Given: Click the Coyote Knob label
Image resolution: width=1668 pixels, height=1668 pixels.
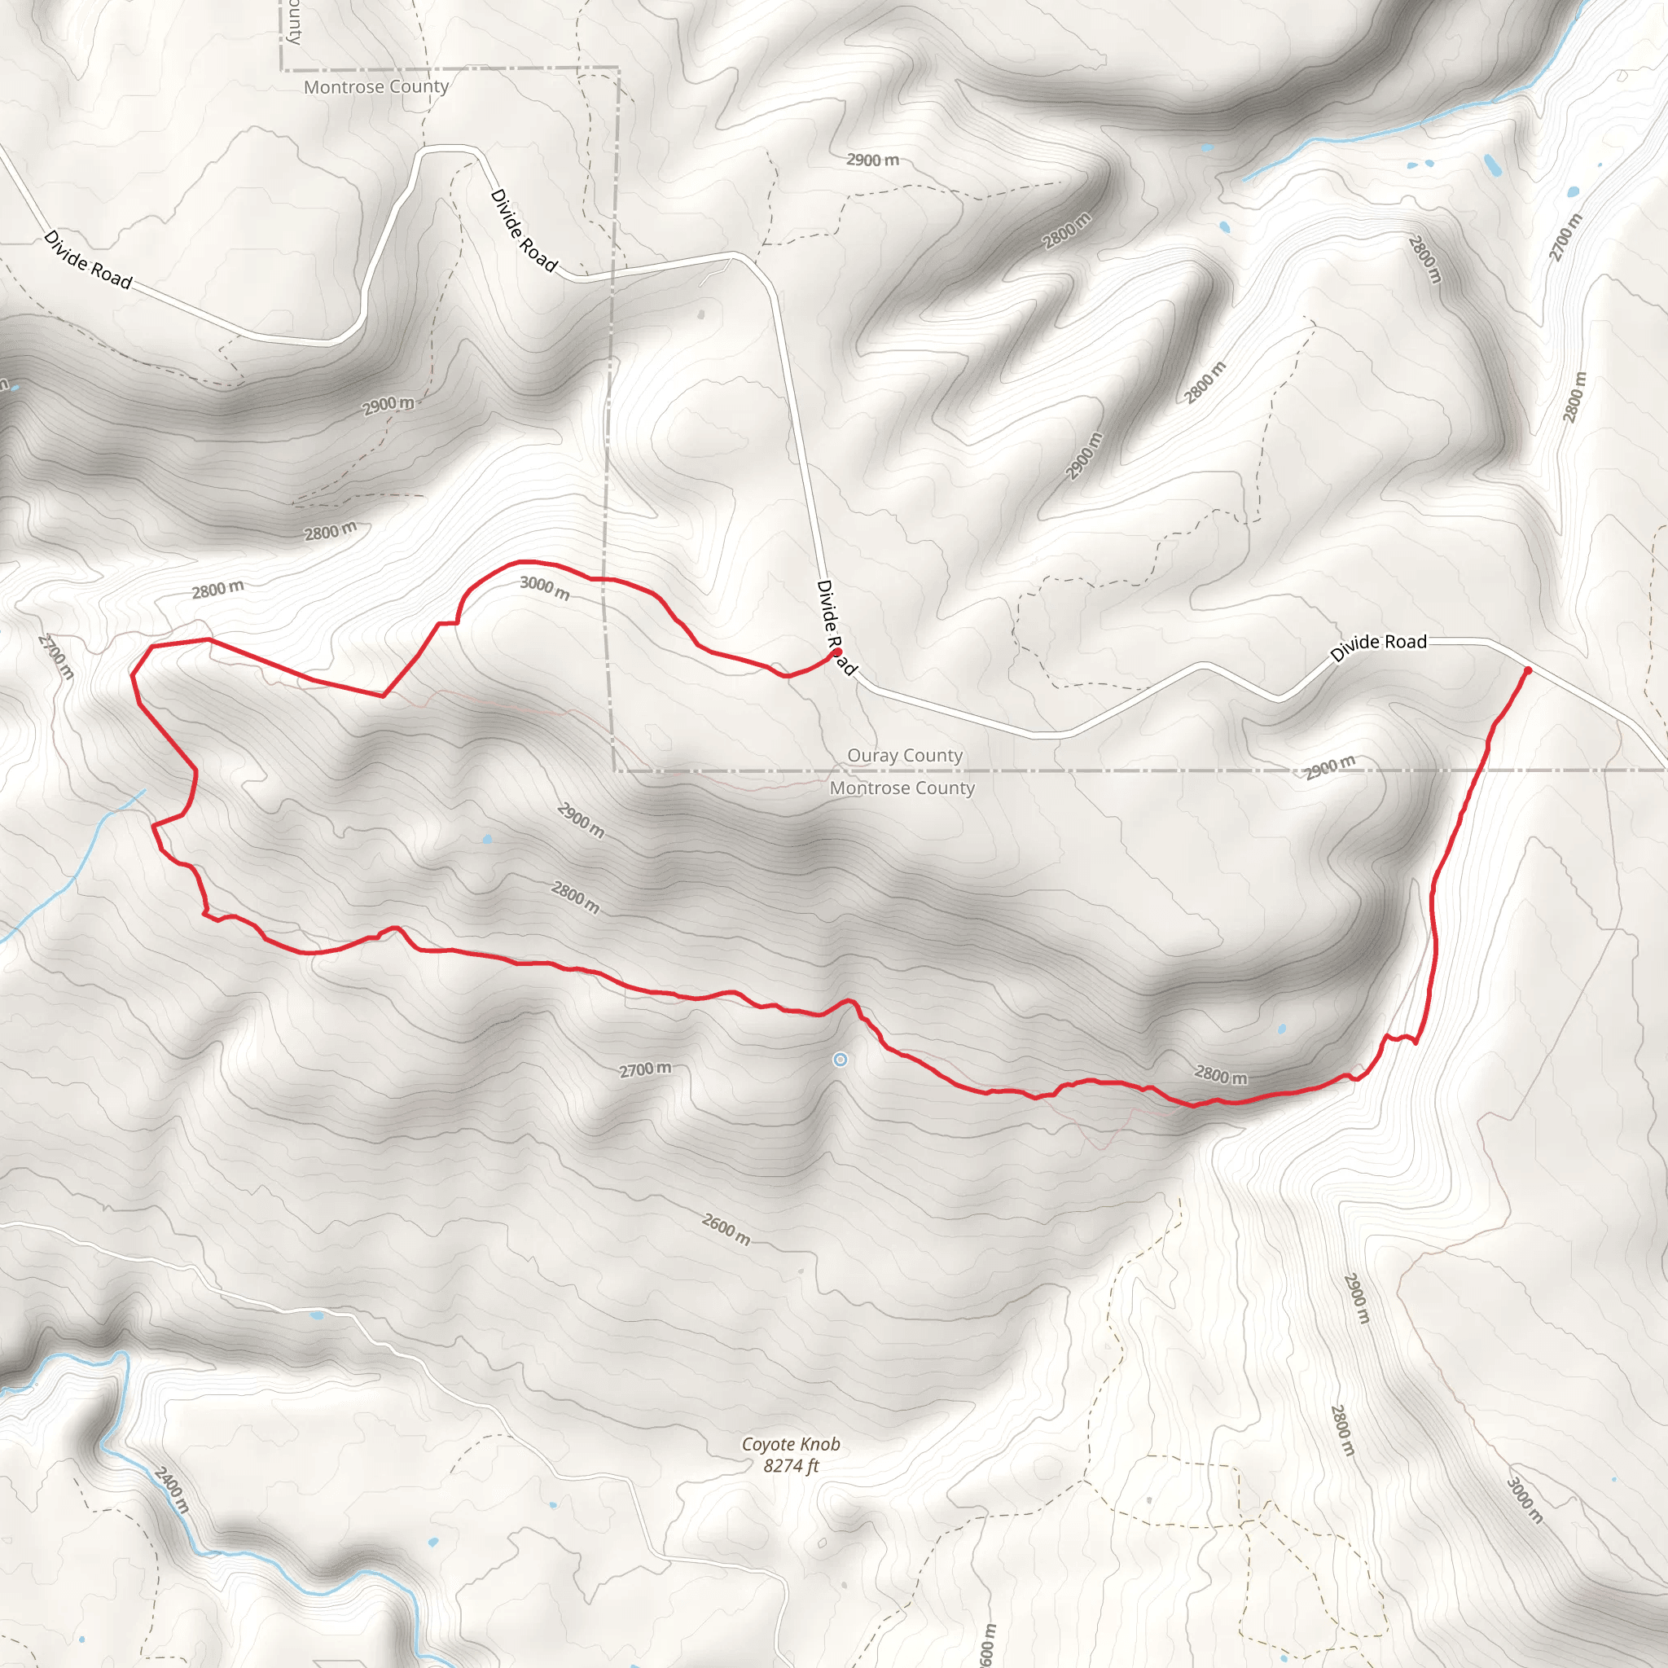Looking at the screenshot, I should click(790, 1443).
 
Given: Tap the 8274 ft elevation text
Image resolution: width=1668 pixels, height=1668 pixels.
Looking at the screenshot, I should click(790, 1465).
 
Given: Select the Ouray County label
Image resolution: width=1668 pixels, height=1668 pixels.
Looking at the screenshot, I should click(904, 756).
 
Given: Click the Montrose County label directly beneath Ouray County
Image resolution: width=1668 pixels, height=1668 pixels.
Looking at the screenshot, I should click(902, 788).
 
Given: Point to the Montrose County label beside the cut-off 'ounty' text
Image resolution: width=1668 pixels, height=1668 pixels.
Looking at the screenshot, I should click(375, 86).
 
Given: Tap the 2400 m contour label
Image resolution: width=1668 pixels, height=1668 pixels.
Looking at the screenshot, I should click(171, 1489).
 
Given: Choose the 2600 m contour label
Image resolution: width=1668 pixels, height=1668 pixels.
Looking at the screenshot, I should click(725, 1229).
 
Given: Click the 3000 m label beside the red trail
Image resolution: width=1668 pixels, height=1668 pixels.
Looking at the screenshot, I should click(545, 588).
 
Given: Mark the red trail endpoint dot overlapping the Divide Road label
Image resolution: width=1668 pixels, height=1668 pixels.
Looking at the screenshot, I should click(836, 652).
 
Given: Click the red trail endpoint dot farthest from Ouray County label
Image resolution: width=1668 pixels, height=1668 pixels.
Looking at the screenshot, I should click(1527, 670).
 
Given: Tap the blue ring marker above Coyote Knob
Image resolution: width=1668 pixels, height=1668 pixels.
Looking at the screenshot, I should click(840, 1060).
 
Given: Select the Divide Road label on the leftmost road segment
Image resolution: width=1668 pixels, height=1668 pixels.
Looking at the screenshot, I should click(88, 259).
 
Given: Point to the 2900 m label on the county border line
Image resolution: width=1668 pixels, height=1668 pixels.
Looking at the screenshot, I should click(1329, 766).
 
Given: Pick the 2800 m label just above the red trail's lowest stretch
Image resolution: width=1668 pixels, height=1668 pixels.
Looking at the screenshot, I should click(1221, 1074).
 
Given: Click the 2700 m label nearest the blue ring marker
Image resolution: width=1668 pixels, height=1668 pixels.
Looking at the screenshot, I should click(645, 1069).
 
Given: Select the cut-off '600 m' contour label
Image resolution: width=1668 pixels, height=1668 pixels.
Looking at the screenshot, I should click(988, 1644).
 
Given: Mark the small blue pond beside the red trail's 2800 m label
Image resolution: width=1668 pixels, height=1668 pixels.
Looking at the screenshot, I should click(1282, 1029).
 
